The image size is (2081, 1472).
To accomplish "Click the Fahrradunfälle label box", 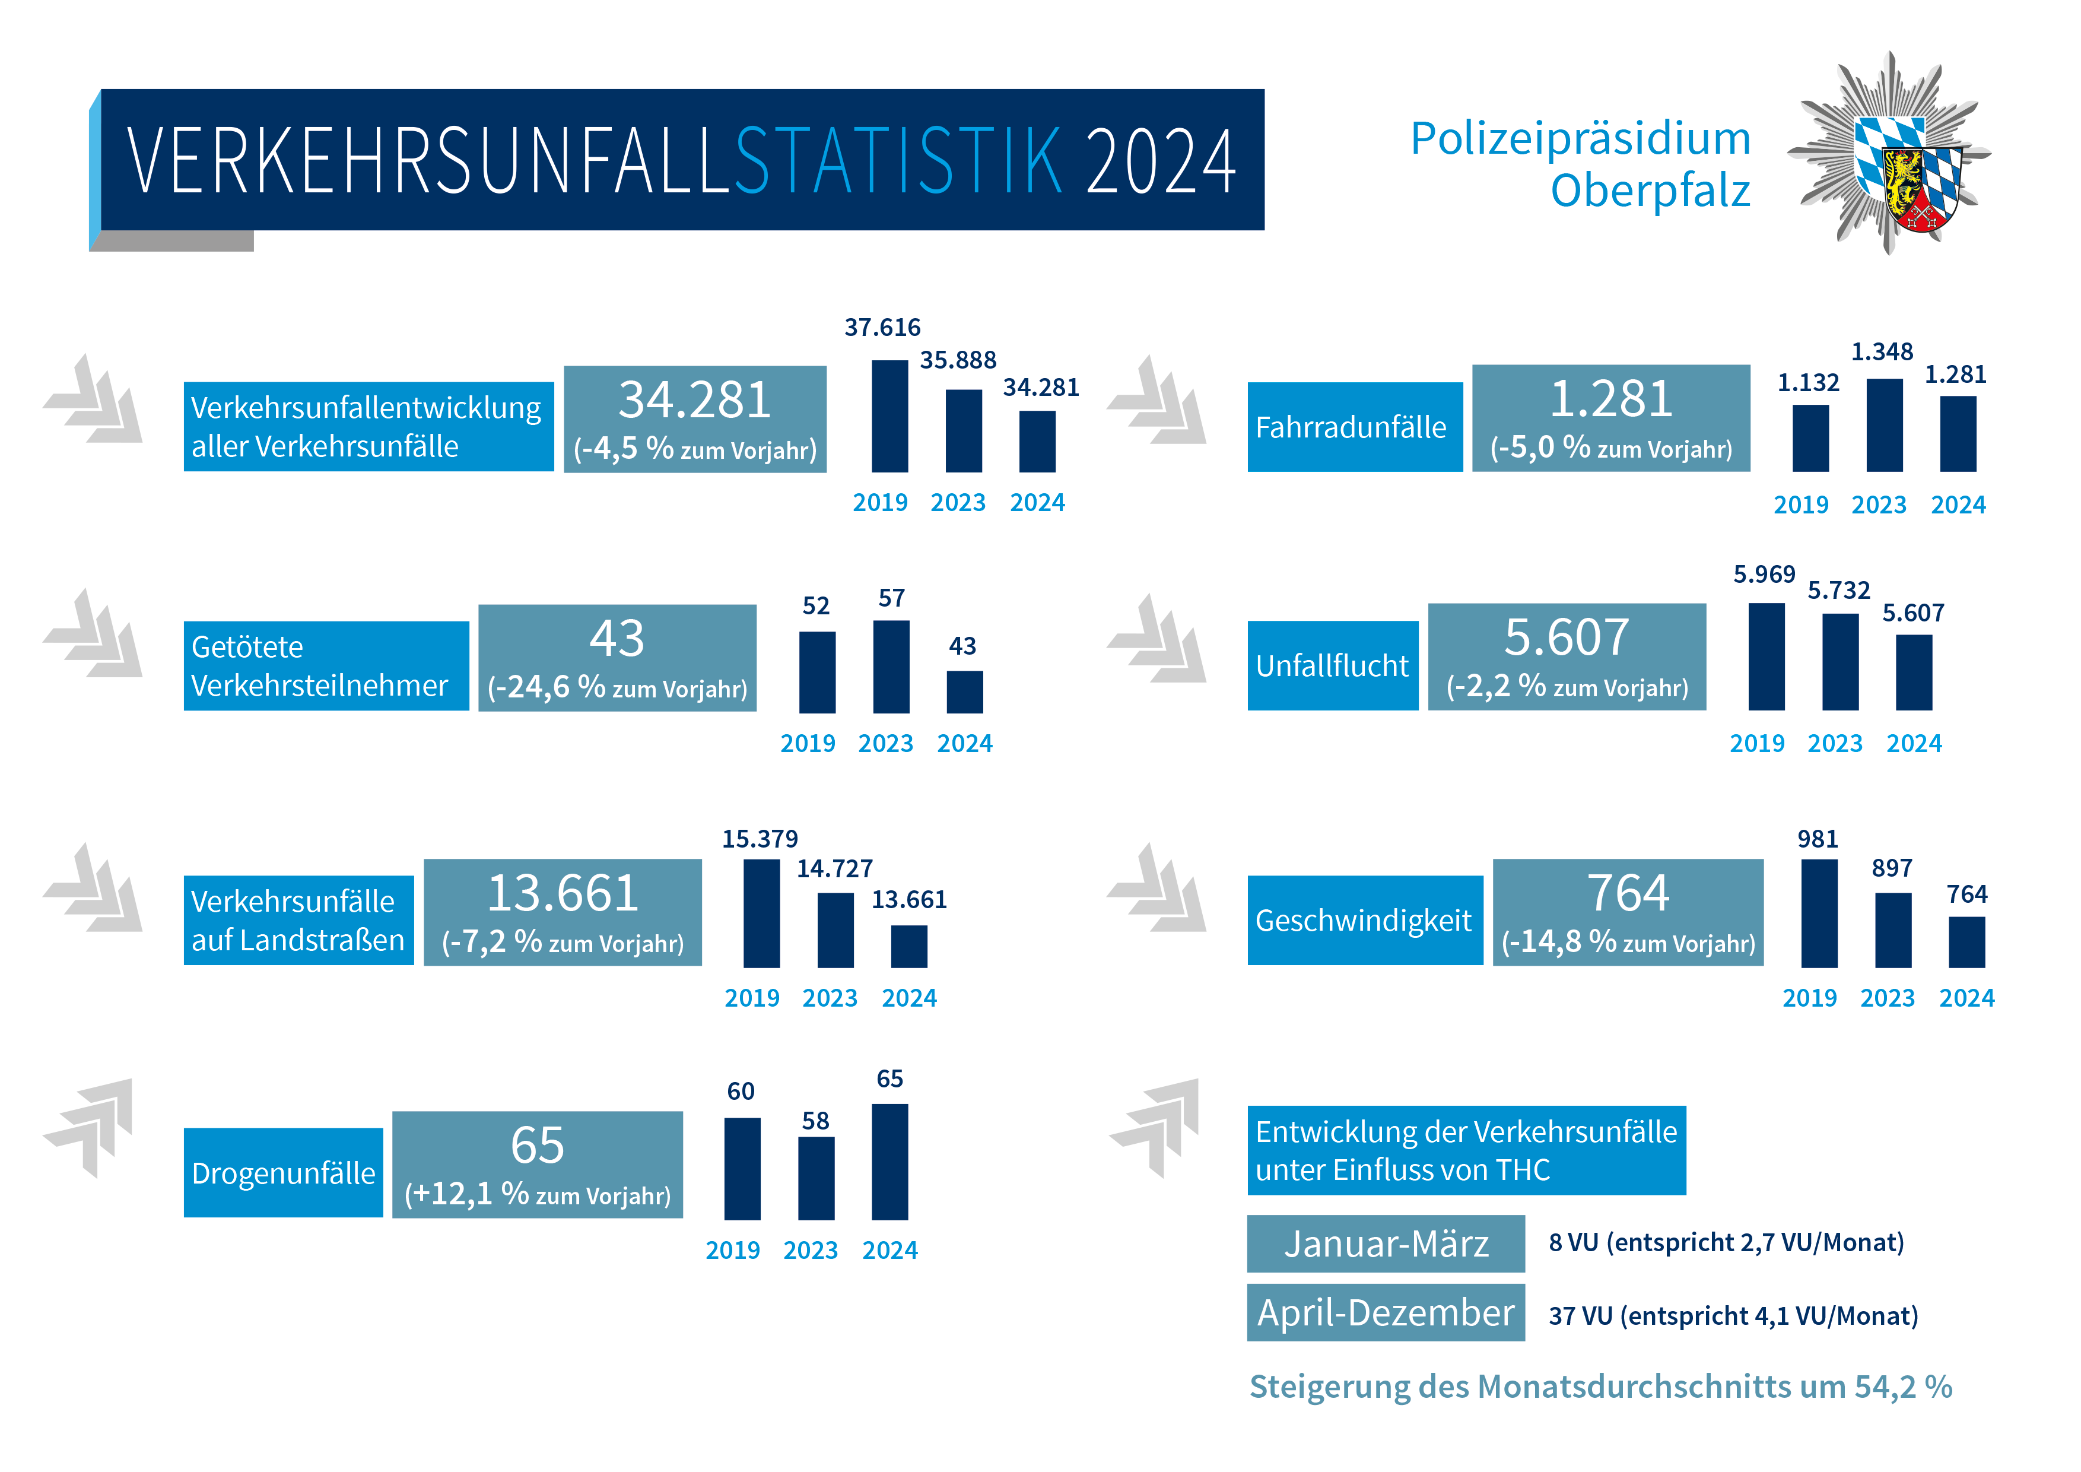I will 1354,427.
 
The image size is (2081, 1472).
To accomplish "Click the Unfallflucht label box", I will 1332,665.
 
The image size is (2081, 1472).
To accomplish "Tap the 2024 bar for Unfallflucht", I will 1913,672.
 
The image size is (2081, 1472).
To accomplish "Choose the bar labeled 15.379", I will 761,913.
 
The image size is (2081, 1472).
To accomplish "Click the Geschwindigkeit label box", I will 1364,920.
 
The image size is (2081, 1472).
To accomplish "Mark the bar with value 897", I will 1892,930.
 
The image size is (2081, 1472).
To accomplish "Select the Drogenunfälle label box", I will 283,1173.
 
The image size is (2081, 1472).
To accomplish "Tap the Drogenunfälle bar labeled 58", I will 816,1178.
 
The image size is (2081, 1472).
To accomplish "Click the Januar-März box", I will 1385,1243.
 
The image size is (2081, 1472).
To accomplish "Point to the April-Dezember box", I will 1385,1312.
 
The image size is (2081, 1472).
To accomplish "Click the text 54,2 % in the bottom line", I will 1902,1387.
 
